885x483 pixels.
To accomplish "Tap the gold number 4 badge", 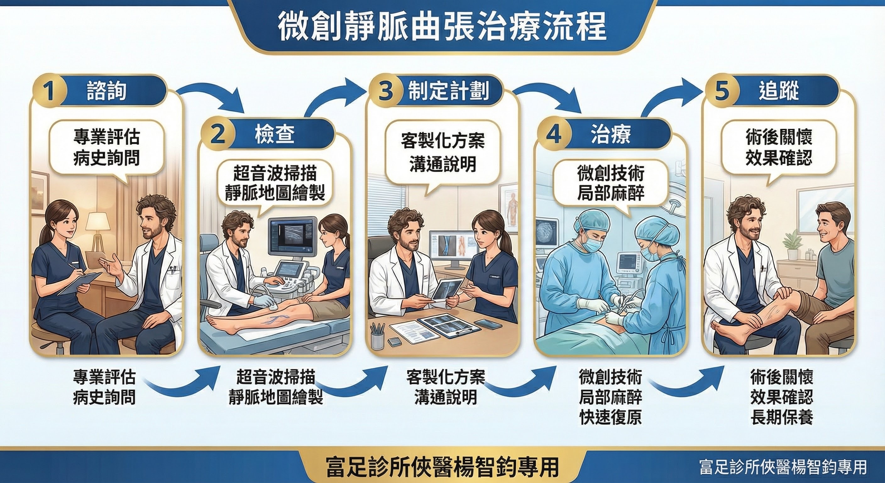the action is coord(554,134).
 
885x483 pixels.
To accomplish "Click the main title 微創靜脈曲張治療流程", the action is coord(442,27).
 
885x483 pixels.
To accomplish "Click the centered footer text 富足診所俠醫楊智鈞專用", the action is coord(442,467).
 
